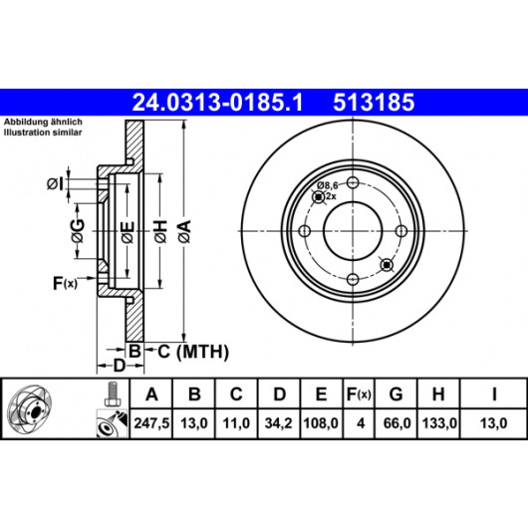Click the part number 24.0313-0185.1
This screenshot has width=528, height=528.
(218, 103)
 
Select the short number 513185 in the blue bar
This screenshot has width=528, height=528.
(374, 103)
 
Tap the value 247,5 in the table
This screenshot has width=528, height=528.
(151, 423)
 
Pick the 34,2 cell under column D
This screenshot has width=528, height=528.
(279, 423)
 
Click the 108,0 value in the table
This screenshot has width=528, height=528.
(321, 423)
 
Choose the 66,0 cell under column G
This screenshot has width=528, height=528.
(396, 423)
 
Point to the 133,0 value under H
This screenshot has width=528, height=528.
(439, 423)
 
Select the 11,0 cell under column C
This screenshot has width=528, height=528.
(236, 423)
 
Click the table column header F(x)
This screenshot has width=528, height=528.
(359, 394)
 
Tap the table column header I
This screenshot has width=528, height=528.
(494, 394)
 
